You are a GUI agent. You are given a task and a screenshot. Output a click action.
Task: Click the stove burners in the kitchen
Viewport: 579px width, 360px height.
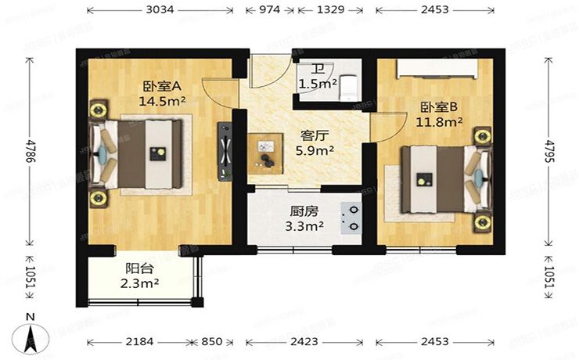coord(351,217)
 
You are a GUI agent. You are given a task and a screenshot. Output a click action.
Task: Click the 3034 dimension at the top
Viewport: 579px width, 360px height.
coord(160,10)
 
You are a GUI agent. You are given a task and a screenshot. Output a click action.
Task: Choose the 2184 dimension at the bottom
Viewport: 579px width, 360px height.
coord(137,342)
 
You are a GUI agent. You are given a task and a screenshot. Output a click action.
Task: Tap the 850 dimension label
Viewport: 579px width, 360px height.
coord(217,342)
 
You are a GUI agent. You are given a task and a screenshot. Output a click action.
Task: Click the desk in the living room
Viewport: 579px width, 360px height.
coord(265,150)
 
